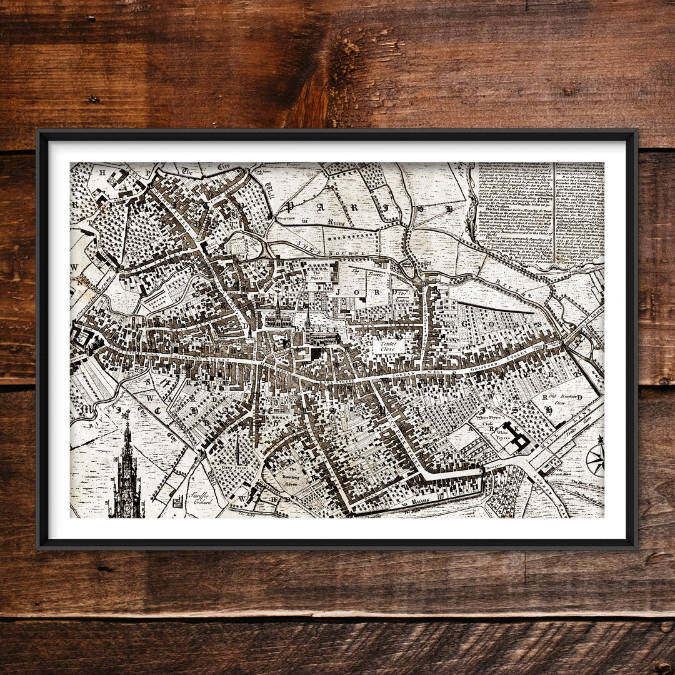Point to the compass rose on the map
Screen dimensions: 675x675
(x=596, y=461)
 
